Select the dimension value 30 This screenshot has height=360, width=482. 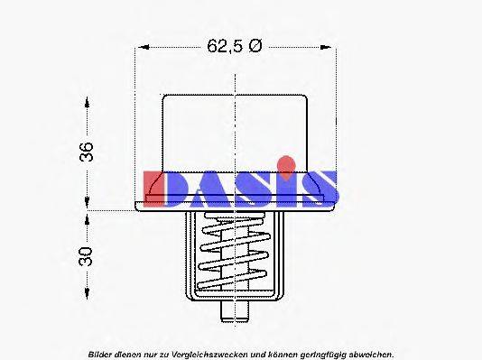tap(87, 256)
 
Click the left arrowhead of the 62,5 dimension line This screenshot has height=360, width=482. tap(141, 47)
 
